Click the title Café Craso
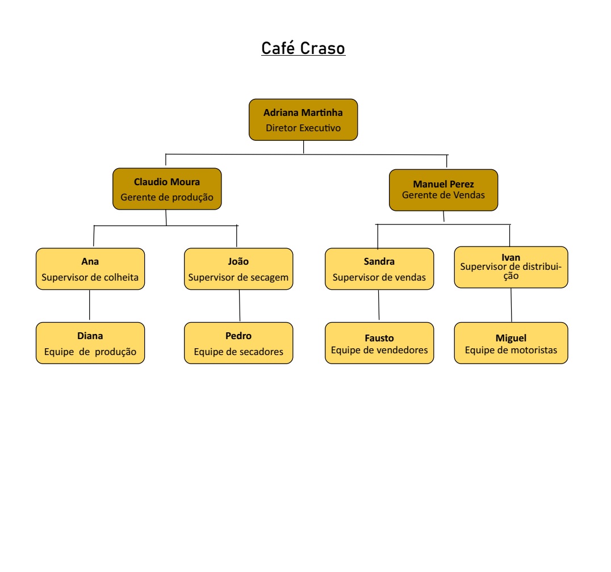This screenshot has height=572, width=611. point(303,48)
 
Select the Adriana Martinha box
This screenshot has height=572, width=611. point(303,120)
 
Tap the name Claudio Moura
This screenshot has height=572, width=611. point(167,182)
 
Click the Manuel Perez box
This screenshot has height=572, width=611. point(443,190)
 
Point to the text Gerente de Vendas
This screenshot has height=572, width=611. point(443,195)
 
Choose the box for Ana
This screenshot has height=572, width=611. point(90,269)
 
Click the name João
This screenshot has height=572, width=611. point(238,262)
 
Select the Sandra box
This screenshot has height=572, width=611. point(379,269)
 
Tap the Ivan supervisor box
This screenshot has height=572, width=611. point(511,267)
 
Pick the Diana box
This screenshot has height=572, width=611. point(90,343)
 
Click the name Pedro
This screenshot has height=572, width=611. point(238,336)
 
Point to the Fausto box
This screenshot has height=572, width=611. point(379,343)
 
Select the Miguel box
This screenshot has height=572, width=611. point(511,343)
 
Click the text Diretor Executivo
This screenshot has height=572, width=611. point(303,128)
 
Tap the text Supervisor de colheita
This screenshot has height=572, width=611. point(90,278)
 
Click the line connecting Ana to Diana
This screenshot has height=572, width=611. point(90,306)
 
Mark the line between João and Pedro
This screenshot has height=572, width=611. point(239,306)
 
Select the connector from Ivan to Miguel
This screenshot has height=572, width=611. point(511,305)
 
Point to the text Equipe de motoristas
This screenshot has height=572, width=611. point(511,350)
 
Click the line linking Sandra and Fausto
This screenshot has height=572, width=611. point(379,306)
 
